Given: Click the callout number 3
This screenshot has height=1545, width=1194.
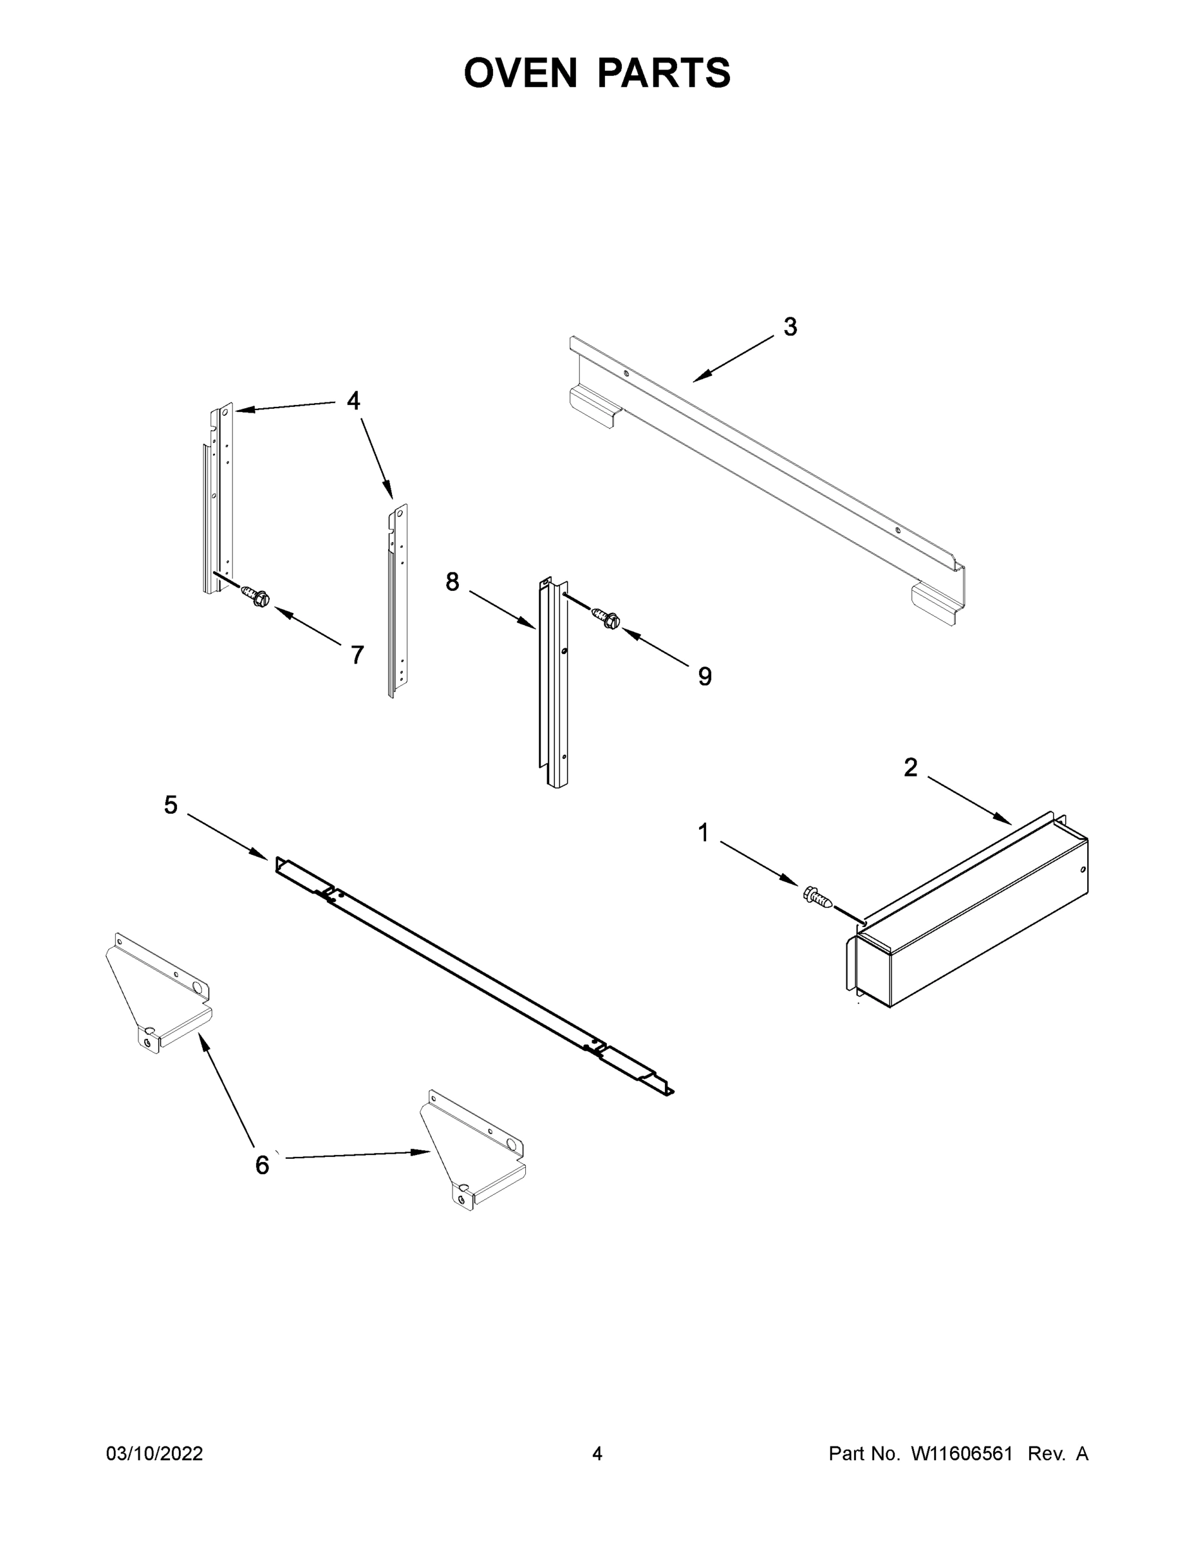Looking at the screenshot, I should click(790, 327).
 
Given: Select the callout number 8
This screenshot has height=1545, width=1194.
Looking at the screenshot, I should click(452, 581).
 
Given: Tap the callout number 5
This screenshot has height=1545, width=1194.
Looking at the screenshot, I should click(171, 805).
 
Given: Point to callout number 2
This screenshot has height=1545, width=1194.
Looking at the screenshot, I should click(910, 767).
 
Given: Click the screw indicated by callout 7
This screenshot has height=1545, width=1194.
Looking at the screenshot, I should click(256, 595).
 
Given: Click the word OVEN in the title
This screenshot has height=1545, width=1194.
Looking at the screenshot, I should click(521, 73).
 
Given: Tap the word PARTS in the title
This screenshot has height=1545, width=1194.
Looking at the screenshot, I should click(664, 73).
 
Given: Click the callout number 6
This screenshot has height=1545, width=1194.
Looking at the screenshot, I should click(262, 1165).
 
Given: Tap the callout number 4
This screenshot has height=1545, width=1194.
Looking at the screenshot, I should click(353, 401).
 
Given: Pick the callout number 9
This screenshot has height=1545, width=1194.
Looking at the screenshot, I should click(705, 677).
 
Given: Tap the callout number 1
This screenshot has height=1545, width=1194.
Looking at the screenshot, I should click(703, 834).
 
